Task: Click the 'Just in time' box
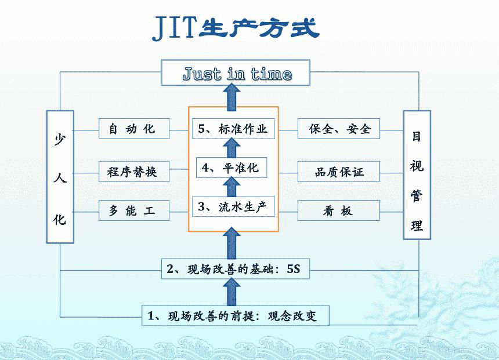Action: pyautogui.click(x=236, y=73)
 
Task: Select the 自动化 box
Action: pyautogui.click(x=134, y=129)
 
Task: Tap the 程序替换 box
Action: pyautogui.click(x=134, y=172)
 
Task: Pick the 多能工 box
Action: pyautogui.click(x=134, y=210)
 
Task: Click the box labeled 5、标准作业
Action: pyautogui.click(x=234, y=129)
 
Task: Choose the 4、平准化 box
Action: pyautogui.click(x=232, y=168)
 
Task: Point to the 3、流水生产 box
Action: pyautogui.click(x=234, y=207)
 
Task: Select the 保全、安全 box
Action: pyautogui.click(x=339, y=129)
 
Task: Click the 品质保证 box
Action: pyautogui.click(x=339, y=172)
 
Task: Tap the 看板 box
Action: pyautogui.click(x=339, y=210)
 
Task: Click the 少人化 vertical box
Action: pyautogui.click(x=60, y=177)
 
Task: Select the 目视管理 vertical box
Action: pyautogui.click(x=417, y=175)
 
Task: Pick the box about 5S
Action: pyautogui.click(x=236, y=269)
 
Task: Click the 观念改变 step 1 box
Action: pyautogui.click(x=235, y=316)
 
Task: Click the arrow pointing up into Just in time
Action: pyautogui.click(x=232, y=97)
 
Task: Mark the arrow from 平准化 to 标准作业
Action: pyautogui.click(x=232, y=148)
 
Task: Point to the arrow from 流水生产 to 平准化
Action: pyautogui.click(x=232, y=187)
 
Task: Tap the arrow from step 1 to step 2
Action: pyautogui.click(x=232, y=292)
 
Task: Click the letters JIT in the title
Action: pyautogui.click(x=175, y=28)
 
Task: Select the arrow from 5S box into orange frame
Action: pyautogui.click(x=232, y=243)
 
